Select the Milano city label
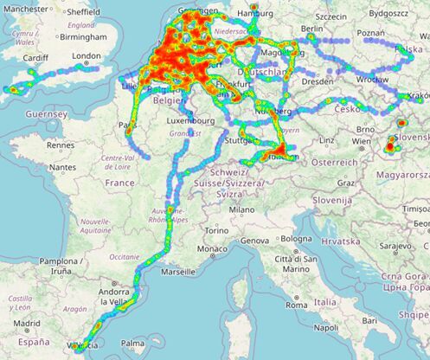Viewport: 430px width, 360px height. pyautogui.click(x=241, y=209)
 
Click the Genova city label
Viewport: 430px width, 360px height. pyautogui.click(x=254, y=240)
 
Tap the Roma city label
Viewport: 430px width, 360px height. pyautogui.click(x=297, y=305)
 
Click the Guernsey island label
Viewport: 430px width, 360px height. pyautogui.click(x=47, y=113)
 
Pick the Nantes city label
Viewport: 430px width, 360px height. pyautogui.click(x=63, y=167)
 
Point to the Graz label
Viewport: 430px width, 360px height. pyautogui.click(x=347, y=183)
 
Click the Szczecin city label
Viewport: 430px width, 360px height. pyautogui.click(x=331, y=16)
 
